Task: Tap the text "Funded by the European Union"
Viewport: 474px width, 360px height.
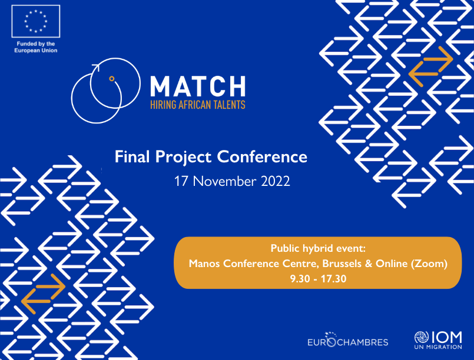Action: pos(35,47)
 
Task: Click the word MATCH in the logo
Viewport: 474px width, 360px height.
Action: pos(197,86)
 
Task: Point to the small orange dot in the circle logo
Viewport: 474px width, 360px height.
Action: pos(111,78)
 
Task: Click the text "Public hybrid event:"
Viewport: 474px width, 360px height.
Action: pos(317,249)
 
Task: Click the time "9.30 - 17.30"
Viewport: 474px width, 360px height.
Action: pos(317,278)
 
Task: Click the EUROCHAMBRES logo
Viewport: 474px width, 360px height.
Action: pos(348,341)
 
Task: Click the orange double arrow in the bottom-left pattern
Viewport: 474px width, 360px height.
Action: pos(43,292)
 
